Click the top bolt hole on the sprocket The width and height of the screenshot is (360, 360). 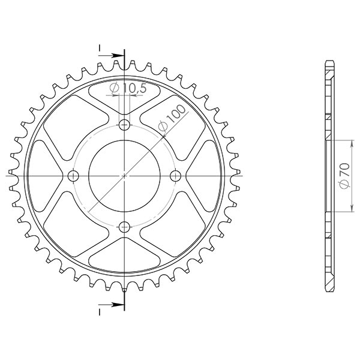pos(124,125)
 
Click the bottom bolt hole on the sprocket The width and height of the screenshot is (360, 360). pos(124,226)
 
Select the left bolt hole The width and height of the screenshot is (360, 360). pos(74,176)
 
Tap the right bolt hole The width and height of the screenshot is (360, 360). pos(175,176)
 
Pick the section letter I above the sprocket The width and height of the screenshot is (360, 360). pos(100,47)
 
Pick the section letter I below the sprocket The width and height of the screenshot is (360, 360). pos(100,312)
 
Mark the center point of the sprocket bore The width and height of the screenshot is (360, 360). pos(124,176)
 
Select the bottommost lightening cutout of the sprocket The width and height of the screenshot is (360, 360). pos(124,257)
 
